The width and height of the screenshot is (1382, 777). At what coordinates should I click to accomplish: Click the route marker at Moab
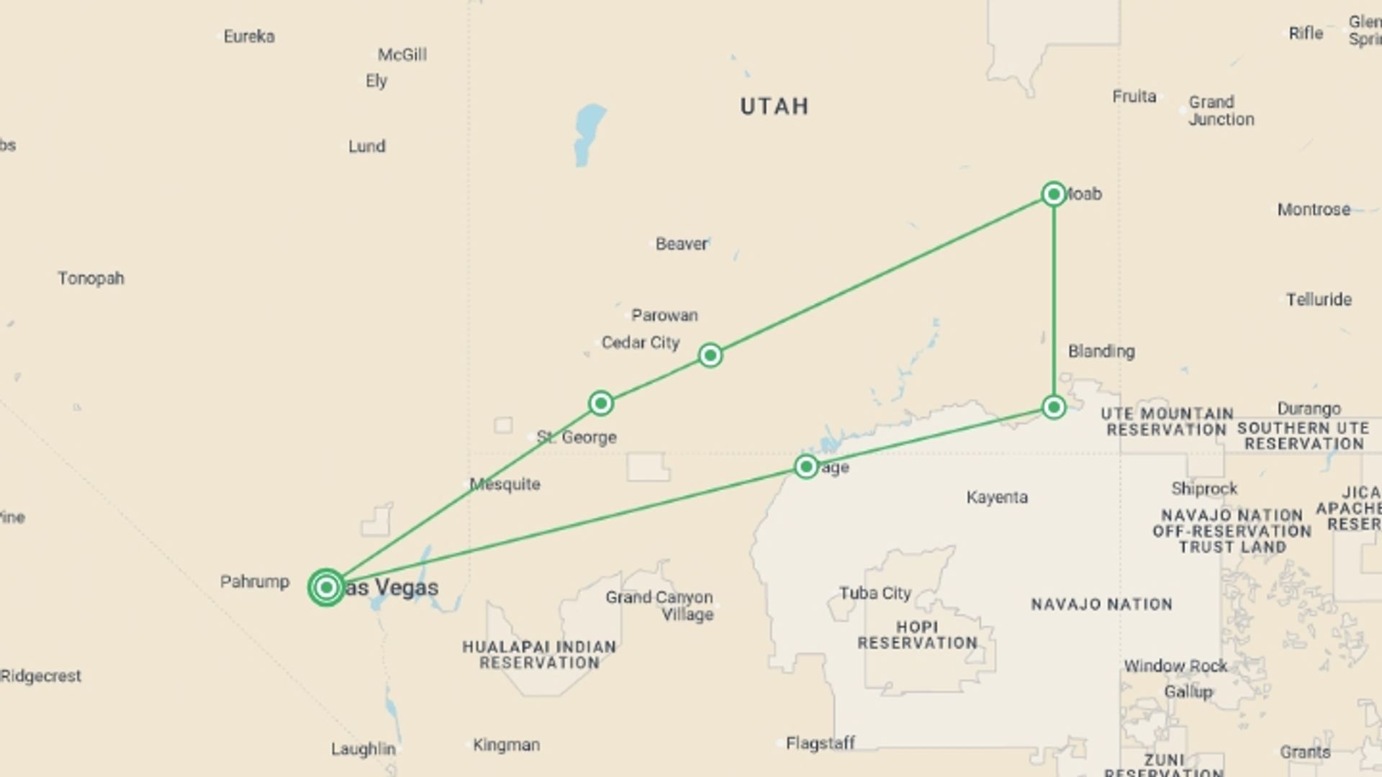[1054, 194]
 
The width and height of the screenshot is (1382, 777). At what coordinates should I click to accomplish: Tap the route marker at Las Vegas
[326, 588]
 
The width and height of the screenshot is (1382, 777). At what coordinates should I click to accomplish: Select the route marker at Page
[806, 467]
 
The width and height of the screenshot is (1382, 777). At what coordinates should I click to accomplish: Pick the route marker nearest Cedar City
[710, 355]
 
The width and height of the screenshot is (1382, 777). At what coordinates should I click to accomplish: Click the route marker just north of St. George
[601, 403]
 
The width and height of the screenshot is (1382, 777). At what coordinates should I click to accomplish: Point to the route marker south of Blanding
[1054, 407]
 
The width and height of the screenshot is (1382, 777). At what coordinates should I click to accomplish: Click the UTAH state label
[774, 106]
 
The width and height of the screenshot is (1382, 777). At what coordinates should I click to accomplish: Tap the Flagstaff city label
[820, 742]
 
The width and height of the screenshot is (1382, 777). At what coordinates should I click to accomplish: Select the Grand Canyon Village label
[659, 606]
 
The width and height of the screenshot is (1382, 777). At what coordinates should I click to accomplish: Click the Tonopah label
[91, 278]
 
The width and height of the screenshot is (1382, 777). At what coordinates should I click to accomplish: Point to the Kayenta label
[997, 497]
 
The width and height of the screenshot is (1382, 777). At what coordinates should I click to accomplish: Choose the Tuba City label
[875, 594]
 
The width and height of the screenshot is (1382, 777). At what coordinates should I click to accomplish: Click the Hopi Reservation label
[917, 635]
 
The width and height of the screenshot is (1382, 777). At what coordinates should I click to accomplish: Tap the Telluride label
[1319, 299]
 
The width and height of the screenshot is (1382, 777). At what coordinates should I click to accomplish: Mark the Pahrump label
[255, 581]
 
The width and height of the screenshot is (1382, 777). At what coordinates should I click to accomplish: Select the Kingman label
[506, 745]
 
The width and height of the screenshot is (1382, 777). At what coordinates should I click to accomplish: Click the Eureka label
[249, 37]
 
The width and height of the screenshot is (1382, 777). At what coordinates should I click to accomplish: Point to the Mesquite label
[505, 484]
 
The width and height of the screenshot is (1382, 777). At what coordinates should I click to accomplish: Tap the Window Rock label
[1175, 666]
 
